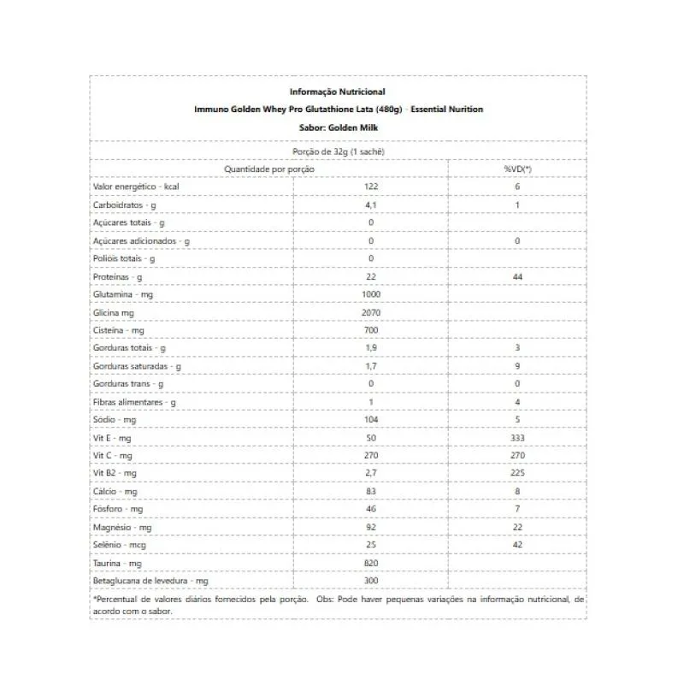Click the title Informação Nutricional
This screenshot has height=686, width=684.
338,92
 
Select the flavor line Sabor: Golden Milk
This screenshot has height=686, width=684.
338,127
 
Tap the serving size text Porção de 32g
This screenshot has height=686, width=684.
338,151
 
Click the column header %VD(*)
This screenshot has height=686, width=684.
517,169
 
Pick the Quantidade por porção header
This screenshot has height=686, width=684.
269,169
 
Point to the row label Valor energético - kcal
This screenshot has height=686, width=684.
135,187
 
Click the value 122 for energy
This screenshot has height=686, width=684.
371,187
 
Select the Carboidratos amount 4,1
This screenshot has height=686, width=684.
371,205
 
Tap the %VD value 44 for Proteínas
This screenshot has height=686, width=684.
517,277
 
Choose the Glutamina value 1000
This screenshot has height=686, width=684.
371,295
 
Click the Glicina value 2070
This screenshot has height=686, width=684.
371,313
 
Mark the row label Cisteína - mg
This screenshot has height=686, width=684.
119,330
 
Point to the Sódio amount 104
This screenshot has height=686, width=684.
371,420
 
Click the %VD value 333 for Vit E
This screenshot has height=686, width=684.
517,438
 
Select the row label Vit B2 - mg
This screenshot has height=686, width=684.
115,474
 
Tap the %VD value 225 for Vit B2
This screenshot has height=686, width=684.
517,474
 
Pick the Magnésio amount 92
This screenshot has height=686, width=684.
371,528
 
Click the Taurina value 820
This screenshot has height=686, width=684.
371,564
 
